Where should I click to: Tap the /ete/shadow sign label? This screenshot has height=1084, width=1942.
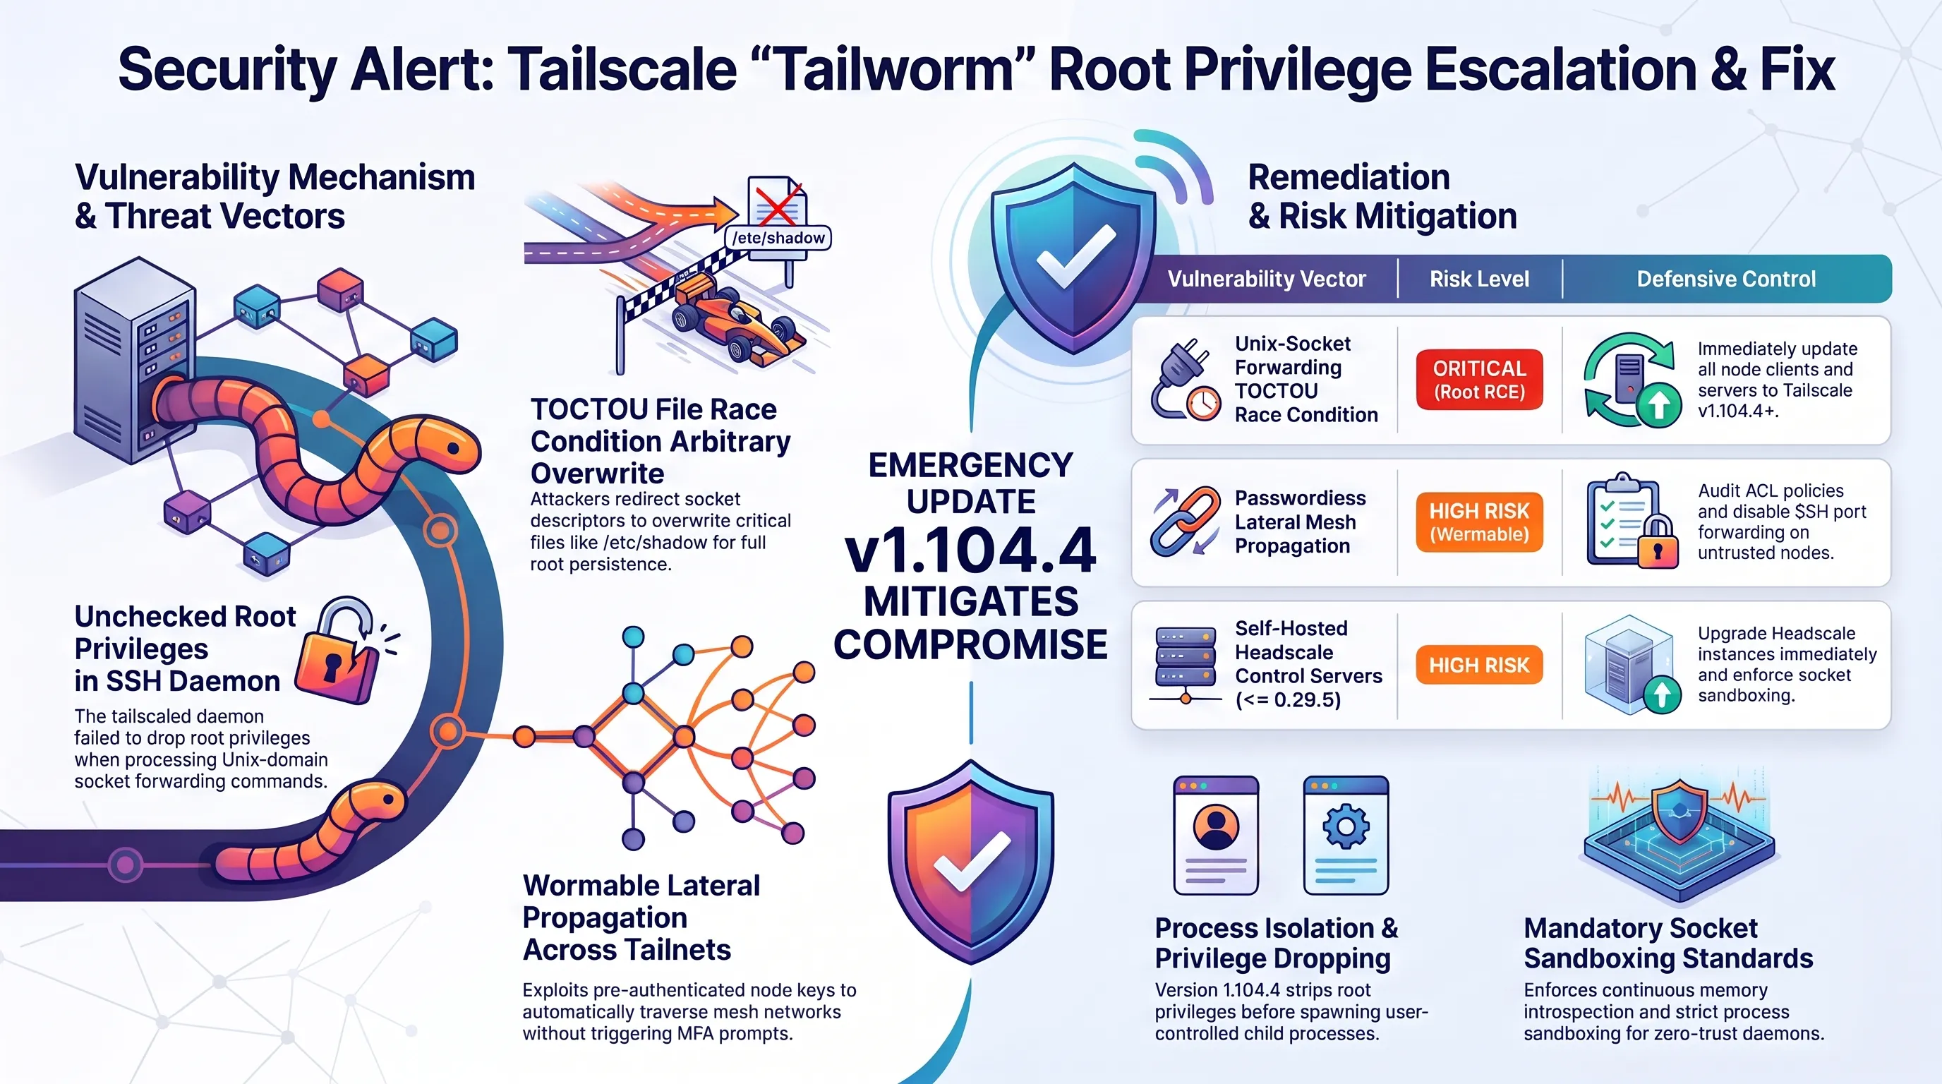tap(779, 237)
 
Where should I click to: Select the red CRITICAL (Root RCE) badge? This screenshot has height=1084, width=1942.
tap(1479, 379)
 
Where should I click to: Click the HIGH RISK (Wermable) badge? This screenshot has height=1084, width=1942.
tap(1479, 522)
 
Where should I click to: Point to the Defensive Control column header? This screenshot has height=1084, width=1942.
tap(1725, 279)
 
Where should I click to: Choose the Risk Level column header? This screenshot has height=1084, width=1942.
tap(1479, 279)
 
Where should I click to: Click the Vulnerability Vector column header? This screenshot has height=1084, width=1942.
tap(1267, 279)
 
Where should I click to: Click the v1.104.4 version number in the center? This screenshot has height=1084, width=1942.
tap(970, 550)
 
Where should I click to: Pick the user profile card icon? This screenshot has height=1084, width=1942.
tap(1216, 836)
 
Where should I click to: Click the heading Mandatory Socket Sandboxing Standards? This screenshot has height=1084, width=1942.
tap(1667, 943)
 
